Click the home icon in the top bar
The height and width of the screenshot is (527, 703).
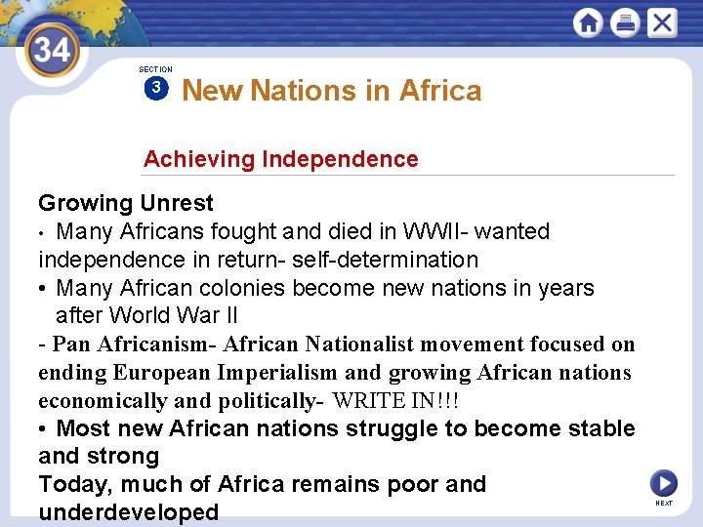click(588, 23)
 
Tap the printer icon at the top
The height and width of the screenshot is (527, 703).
click(625, 23)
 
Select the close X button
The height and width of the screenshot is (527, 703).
click(661, 23)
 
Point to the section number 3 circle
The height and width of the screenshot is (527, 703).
click(154, 89)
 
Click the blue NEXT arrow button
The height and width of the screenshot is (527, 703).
click(663, 483)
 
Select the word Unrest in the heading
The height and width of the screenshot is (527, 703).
click(176, 204)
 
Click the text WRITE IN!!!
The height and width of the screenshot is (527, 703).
click(395, 401)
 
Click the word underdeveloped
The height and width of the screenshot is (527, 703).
click(128, 512)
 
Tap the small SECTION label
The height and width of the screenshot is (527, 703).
click(155, 69)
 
